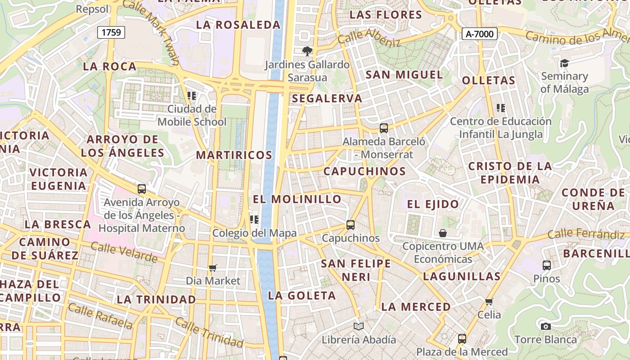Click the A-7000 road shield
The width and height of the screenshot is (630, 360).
pos(479,34)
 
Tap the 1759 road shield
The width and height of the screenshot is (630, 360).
pos(111,32)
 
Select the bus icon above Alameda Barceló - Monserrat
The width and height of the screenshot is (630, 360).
pos(384,128)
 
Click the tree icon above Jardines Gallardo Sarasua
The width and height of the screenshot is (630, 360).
pos(307,51)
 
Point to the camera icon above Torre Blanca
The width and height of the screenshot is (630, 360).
pos(546,326)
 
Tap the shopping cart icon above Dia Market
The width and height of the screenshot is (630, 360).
pos(213,268)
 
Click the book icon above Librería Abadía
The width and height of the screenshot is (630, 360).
pos(359,326)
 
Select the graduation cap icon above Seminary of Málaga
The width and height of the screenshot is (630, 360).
pos(564,63)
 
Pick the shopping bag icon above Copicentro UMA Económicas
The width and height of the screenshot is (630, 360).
pos(443,233)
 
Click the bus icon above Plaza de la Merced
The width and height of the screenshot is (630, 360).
pos(462,339)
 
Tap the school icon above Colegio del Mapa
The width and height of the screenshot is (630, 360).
pos(254,220)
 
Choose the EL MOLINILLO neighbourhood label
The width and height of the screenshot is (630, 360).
pos(297,199)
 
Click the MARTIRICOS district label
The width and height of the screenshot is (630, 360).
pos(234,155)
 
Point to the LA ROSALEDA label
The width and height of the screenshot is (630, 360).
pos(238,25)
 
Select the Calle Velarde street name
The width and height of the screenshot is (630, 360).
pos(124,252)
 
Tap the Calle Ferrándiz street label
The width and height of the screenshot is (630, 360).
pos(586,234)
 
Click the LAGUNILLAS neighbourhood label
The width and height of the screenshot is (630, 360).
pos(462,276)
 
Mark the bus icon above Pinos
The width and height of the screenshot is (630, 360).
pos(547,265)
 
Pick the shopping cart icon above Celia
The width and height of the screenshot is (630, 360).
pos(489,301)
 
